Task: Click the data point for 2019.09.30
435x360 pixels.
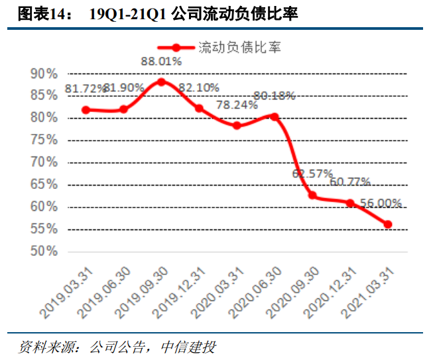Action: (161, 82)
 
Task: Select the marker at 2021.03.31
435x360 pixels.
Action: (388, 224)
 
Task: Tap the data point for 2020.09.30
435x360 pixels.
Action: (312, 196)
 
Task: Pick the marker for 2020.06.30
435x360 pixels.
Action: (275, 117)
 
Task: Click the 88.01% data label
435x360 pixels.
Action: (160, 62)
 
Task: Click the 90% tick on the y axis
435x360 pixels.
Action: (44, 74)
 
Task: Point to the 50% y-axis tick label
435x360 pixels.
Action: (44, 251)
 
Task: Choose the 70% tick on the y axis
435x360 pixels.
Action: (44, 162)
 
